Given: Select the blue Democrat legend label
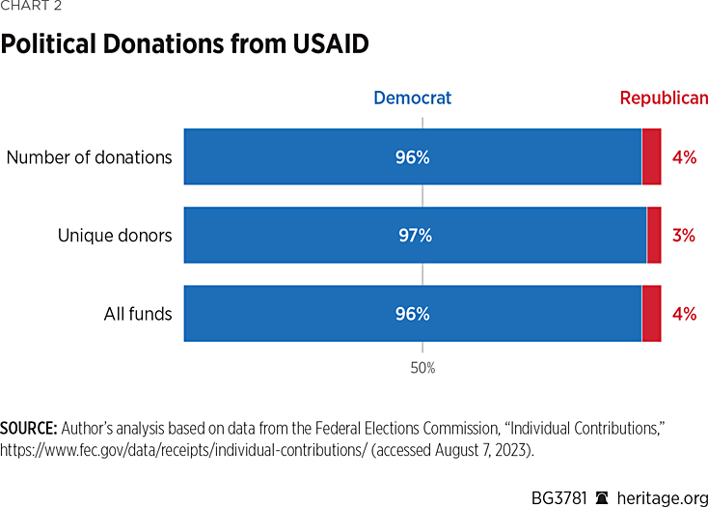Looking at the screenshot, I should point(412,98).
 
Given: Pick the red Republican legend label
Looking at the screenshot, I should point(664,98).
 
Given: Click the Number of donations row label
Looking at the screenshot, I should point(90,156).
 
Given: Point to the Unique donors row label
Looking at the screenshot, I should point(115,235).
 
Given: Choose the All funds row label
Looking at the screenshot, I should point(138,314).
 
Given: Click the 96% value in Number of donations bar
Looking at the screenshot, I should point(412,156).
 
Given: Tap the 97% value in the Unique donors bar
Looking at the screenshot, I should point(415,235).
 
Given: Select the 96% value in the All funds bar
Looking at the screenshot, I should point(412,314).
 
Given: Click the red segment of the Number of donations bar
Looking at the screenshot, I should point(651,156).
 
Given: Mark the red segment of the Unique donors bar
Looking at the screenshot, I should point(654,235).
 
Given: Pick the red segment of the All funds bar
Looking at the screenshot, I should point(651,314).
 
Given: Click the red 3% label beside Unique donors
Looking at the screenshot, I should point(684,235).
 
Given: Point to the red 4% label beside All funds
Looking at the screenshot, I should point(684,314).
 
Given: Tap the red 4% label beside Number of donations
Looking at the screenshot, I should point(684,156).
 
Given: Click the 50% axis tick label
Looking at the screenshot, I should point(422,368).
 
